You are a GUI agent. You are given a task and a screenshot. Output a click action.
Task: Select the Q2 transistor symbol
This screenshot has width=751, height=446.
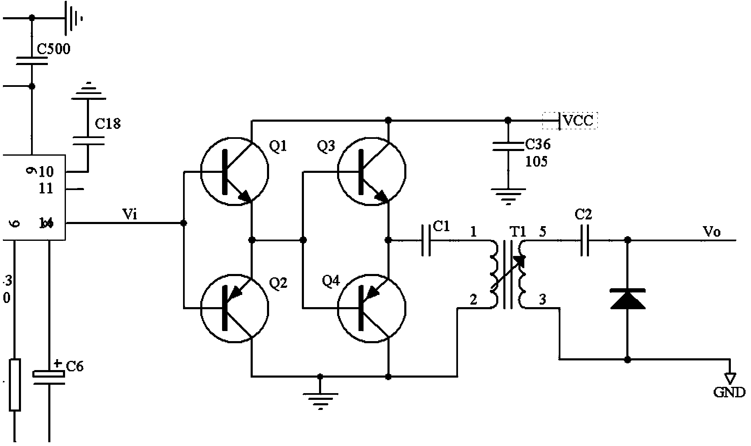point(234,308)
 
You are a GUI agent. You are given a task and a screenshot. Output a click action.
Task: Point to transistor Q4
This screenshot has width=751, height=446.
point(372,308)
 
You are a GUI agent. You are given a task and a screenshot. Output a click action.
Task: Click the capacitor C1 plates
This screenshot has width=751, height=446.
point(426,240)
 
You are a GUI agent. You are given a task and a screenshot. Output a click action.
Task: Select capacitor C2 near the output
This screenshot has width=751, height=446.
point(585,240)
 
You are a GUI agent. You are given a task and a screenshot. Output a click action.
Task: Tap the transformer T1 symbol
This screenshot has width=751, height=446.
point(508,275)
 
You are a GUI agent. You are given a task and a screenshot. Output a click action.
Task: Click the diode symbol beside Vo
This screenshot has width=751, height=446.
point(628,298)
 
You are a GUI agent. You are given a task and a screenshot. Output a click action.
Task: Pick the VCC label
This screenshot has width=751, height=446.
point(578,121)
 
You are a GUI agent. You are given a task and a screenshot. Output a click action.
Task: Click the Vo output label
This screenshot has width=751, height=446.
point(711,232)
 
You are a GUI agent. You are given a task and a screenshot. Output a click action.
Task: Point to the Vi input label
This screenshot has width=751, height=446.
point(129,215)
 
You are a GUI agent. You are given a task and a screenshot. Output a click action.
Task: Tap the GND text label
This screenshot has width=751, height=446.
point(730,392)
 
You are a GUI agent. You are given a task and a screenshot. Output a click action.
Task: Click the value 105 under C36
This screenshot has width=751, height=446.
point(536,162)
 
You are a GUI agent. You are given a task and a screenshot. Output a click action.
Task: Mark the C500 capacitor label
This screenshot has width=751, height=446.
point(54,49)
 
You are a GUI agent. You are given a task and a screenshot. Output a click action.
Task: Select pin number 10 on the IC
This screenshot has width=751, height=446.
point(46,172)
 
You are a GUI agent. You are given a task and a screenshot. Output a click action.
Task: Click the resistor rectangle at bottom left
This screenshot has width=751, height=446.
point(15,384)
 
